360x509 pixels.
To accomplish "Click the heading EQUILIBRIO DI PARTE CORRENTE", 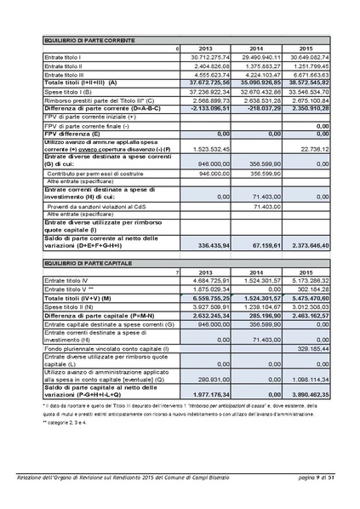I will click(85, 40).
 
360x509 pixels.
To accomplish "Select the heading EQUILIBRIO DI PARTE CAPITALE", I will click(83, 266).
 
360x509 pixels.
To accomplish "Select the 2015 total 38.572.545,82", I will click(308, 82).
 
